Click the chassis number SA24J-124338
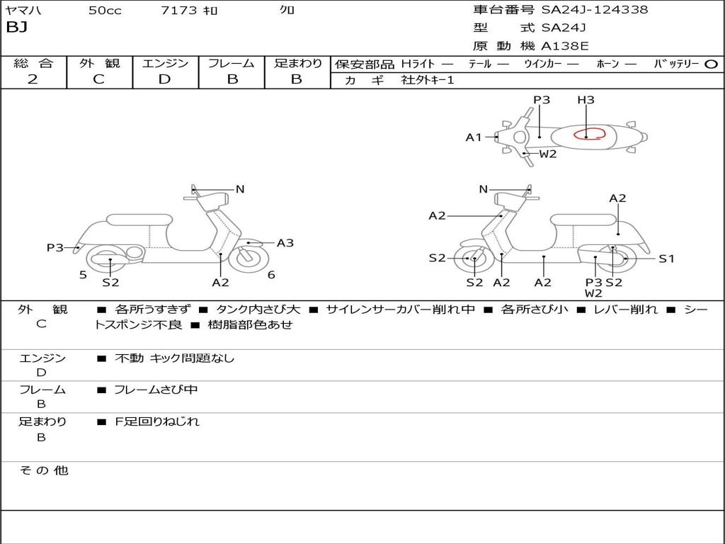pos(595,10)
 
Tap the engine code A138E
pos(565,46)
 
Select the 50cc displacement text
pos(105,11)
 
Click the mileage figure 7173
pos(176,11)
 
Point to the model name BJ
pos(16,28)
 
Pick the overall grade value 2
pos(33,79)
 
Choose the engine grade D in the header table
pos(165,79)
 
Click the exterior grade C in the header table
pos(98,79)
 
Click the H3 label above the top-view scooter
pos(586,100)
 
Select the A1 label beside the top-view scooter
pos(474,137)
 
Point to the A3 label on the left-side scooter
pos(285,243)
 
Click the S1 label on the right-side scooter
pos(666,259)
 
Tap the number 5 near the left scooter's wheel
pos(83,275)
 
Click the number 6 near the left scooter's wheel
pos(271,275)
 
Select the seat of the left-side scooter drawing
pos(139,220)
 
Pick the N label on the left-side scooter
pos(240,189)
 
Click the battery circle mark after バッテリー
pos(711,64)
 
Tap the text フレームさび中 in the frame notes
pos(156,390)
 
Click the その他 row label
pos(44,470)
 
